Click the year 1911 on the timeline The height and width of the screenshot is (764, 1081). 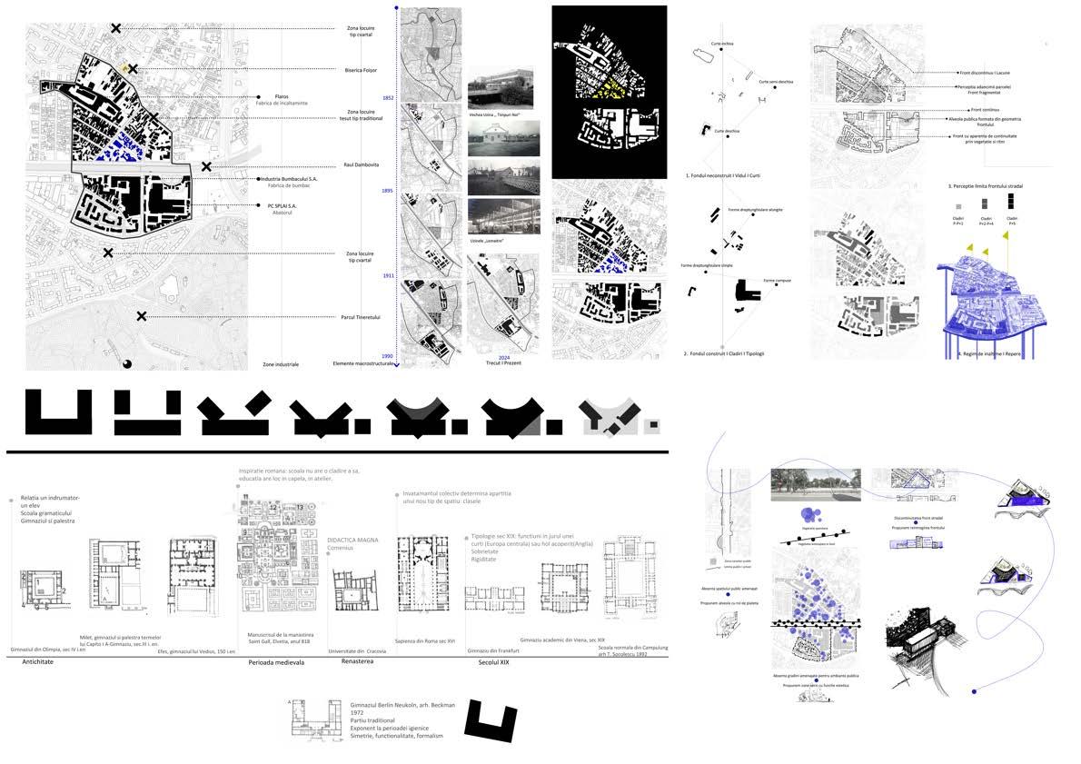click(387, 274)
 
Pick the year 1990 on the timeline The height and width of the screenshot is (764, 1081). click(387, 356)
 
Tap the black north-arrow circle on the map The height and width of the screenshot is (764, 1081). click(126, 363)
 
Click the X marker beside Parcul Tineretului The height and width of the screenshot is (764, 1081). click(142, 316)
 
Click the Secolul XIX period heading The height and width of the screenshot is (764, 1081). click(493, 664)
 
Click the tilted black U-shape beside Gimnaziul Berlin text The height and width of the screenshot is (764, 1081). click(491, 720)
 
